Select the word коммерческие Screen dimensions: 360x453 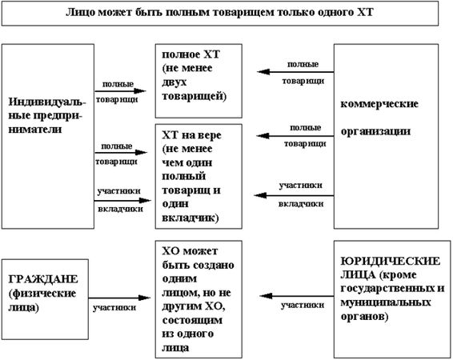click(x=374, y=105)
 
